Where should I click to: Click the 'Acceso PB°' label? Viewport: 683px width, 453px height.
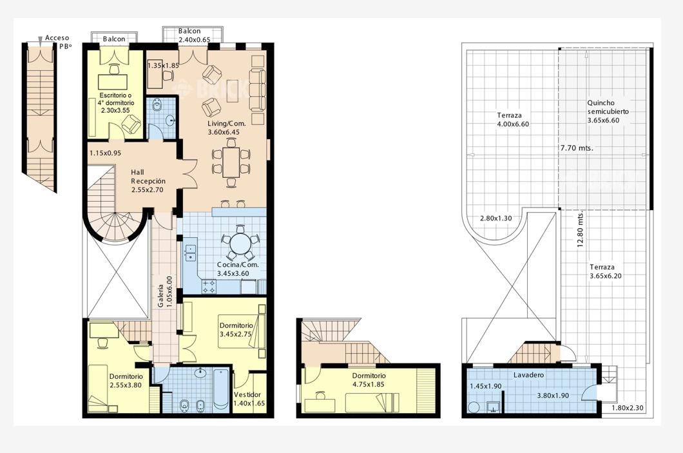pos(57,42)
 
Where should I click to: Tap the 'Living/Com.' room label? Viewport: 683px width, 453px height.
pos(227,124)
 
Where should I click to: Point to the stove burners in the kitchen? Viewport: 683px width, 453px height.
pos(209,286)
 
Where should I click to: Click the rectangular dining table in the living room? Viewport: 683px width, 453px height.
pos(231,162)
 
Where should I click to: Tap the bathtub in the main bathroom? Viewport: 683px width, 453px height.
pos(221,389)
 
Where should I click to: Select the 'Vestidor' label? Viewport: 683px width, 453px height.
pos(247,394)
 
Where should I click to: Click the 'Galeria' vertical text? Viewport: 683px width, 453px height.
pos(160,296)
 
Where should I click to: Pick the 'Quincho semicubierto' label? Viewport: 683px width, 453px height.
pos(608,107)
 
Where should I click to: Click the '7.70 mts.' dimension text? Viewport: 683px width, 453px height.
pos(577,148)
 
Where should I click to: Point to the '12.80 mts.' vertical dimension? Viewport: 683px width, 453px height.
pos(580,230)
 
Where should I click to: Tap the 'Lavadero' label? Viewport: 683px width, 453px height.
pos(528,374)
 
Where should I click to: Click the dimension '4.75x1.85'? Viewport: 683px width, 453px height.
pos(369,384)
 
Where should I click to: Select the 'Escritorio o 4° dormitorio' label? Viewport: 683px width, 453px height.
pos(116,99)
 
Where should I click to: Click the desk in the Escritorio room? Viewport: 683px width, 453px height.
pos(113,81)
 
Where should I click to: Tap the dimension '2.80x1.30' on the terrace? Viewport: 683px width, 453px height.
pos(495,218)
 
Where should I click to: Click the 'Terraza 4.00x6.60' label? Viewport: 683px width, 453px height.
pos(513,120)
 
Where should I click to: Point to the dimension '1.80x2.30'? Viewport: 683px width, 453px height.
pos(628,408)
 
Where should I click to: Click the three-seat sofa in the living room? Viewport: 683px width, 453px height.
pos(258,90)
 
